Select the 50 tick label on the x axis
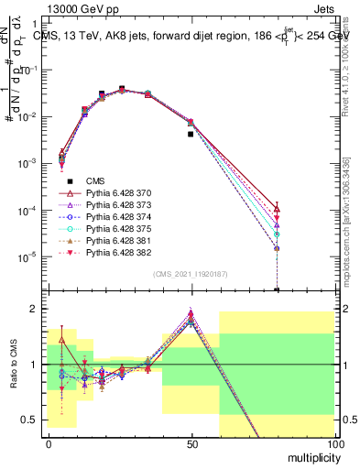coord(191,442)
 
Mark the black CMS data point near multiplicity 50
coord(191,134)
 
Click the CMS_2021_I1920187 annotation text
coord(189,274)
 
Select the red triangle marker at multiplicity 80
coord(277,210)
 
